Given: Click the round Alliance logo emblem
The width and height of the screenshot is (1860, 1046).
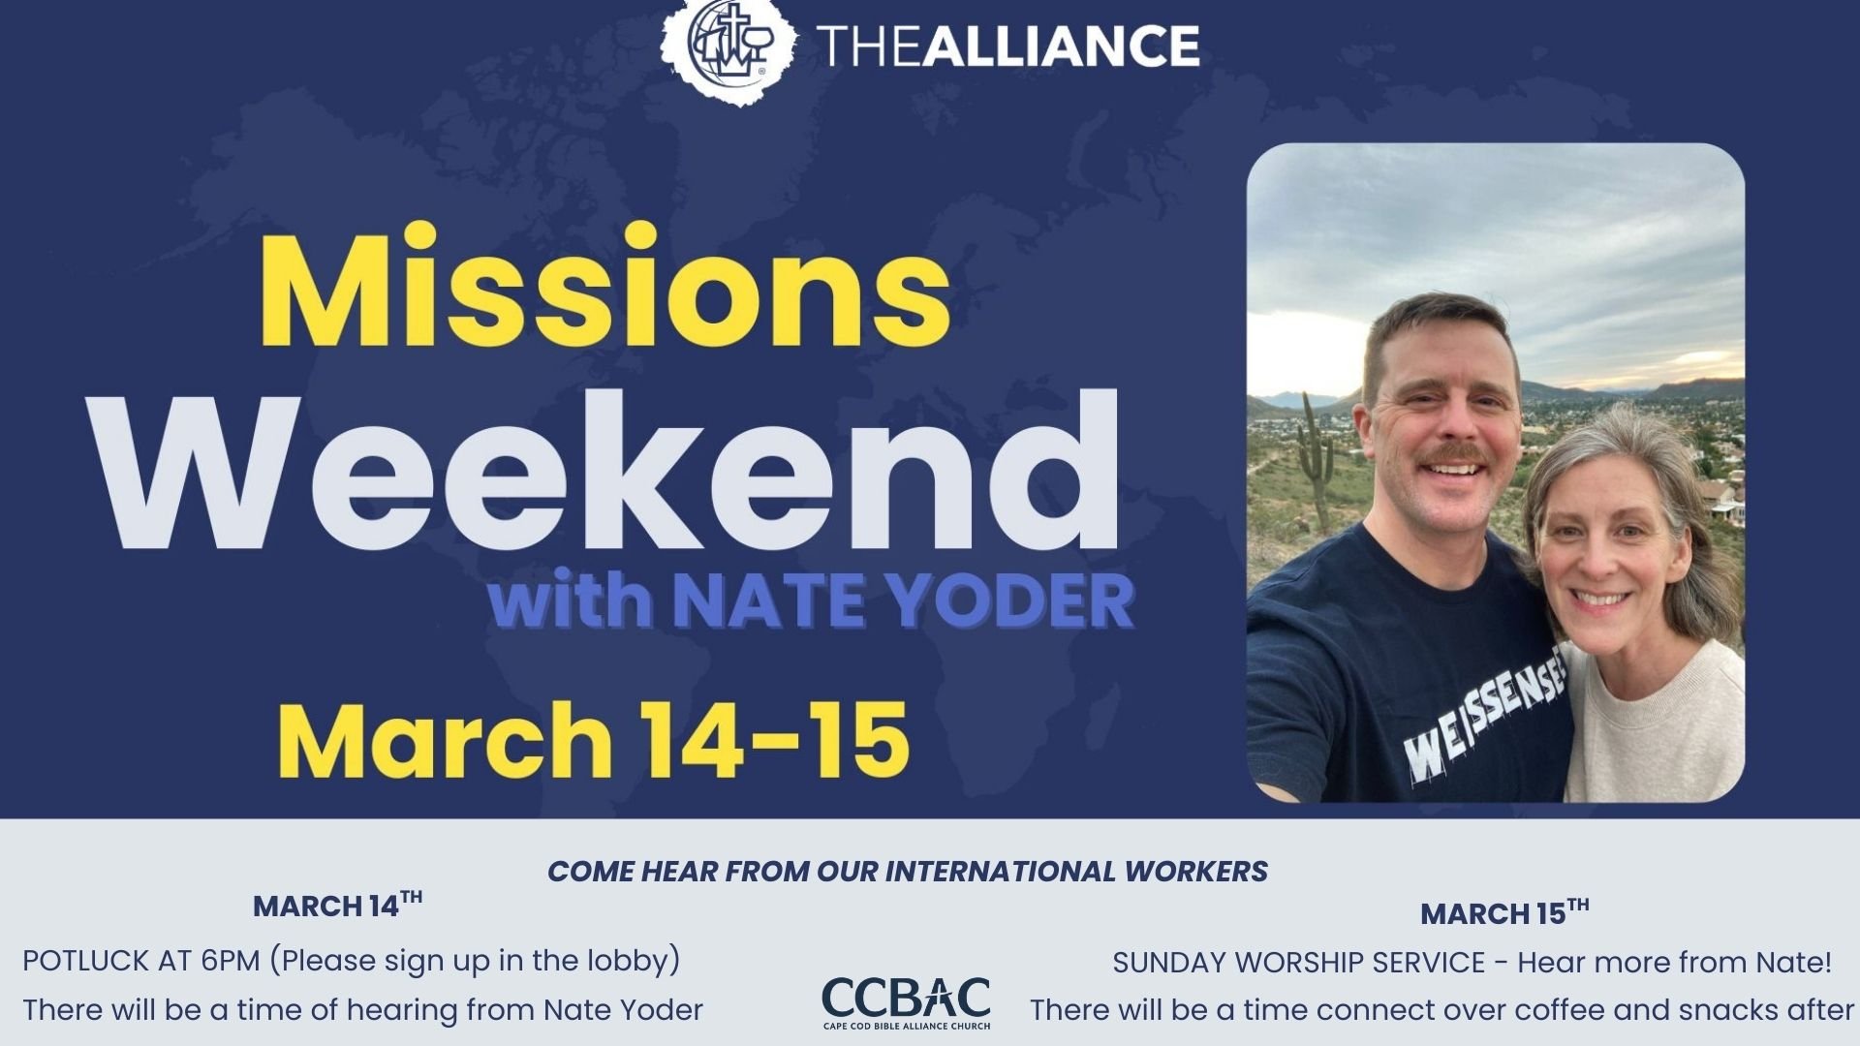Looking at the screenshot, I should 728,46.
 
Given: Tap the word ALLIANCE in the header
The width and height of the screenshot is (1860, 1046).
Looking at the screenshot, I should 1061,46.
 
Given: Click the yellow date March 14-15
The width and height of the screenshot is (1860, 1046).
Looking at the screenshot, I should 593,740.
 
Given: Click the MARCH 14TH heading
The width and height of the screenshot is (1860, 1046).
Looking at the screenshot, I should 337,906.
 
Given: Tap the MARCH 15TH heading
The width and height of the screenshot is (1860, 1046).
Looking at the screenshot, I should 1503,912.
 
